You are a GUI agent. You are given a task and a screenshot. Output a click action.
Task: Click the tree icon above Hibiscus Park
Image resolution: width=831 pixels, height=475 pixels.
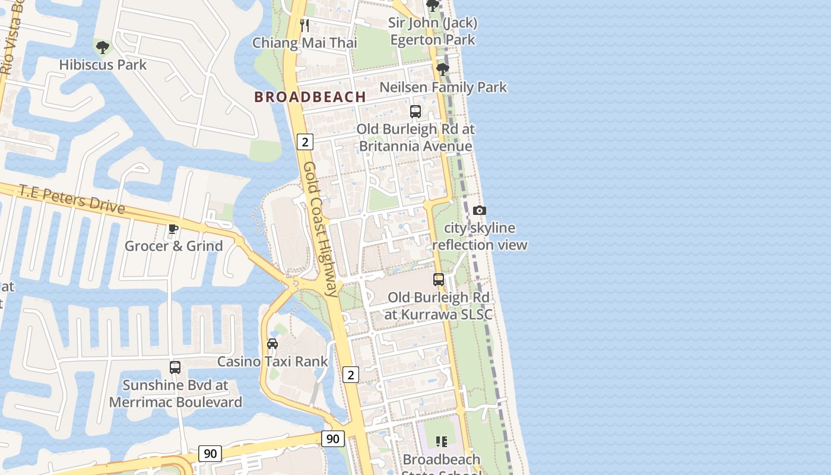click(103, 47)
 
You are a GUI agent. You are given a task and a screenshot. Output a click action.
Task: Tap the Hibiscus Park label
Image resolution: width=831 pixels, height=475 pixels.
click(103, 65)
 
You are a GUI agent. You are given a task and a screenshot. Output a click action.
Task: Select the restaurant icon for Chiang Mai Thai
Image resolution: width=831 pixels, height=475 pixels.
click(305, 25)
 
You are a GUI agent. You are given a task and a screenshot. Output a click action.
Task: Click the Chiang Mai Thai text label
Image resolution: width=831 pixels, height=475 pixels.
click(305, 43)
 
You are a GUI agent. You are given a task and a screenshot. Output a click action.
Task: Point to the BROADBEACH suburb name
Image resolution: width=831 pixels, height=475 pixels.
click(310, 97)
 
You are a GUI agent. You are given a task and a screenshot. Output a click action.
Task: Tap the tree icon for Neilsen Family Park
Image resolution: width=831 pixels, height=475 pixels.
click(442, 69)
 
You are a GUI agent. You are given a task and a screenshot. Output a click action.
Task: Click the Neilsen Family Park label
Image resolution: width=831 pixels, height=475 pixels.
click(443, 87)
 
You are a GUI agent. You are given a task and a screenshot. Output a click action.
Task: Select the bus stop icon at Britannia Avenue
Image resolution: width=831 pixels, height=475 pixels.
click(415, 112)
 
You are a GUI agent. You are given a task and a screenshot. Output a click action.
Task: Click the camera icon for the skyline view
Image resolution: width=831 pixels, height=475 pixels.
click(480, 210)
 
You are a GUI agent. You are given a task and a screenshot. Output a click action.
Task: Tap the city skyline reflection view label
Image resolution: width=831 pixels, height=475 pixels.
click(480, 236)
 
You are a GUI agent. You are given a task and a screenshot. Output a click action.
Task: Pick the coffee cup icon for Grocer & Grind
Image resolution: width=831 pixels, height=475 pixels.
click(173, 229)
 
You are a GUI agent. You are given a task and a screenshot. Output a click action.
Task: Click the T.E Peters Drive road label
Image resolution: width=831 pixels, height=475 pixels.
click(72, 199)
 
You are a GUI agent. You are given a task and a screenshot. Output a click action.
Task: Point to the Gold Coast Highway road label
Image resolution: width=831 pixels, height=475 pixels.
click(321, 229)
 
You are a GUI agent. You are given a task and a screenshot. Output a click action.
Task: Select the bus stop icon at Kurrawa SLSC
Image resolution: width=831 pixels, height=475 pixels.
click(439, 279)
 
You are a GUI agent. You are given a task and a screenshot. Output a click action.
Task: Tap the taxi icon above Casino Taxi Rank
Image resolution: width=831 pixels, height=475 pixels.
click(272, 344)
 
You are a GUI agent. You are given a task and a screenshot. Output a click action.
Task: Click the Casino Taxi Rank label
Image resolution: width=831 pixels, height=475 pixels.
click(272, 362)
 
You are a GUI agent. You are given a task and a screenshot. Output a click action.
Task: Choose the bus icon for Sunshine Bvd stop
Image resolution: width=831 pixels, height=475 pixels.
click(175, 368)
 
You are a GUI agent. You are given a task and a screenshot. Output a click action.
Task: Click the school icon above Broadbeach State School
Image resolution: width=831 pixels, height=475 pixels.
click(441, 441)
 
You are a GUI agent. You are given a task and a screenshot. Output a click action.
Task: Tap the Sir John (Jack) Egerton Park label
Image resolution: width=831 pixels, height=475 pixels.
click(433, 31)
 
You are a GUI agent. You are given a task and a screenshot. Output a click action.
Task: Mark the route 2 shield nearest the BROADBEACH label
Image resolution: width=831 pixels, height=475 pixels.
click(305, 142)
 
